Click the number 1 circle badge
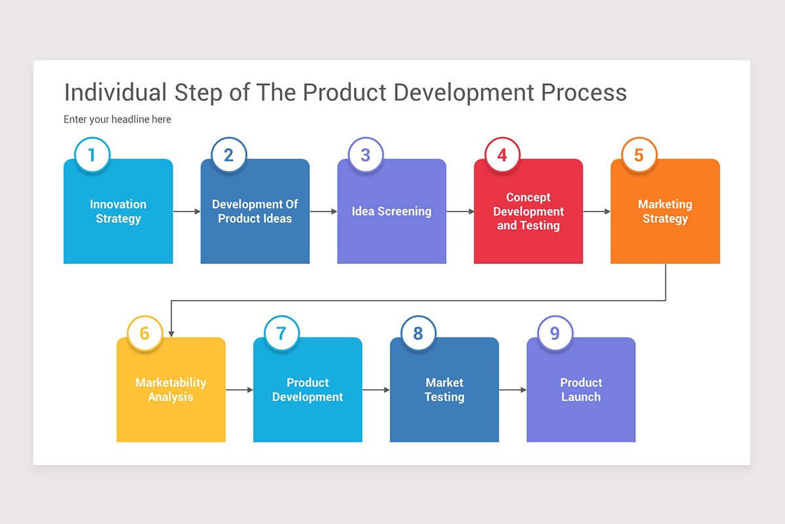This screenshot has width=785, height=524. pos(92,155)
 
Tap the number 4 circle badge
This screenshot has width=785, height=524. pos(502,155)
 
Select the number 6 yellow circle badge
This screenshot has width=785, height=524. pos(145,333)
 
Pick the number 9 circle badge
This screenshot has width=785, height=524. pos(555,333)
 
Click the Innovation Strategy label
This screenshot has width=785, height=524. pos(118,212)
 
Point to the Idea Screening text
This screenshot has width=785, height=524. pos(391,212)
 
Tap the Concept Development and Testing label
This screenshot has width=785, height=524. pos(529,212)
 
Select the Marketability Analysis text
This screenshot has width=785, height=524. pos(171,390)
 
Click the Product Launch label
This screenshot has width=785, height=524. pos(581,390)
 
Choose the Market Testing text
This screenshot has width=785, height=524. pos(444,390)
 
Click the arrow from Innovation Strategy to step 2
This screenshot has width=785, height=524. pos(186,212)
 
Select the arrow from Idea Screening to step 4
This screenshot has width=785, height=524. pos(460,212)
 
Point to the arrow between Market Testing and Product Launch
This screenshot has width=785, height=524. pos(512,390)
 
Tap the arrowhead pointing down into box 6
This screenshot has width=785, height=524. pos(171,333)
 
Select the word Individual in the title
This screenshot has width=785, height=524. pos(116,92)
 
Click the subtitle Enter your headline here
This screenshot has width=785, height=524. pos(117,119)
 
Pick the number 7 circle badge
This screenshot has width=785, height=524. pos(281,333)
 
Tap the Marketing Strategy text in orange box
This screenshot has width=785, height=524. pos(665,212)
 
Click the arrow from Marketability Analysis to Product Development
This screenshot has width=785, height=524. pos(239,390)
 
